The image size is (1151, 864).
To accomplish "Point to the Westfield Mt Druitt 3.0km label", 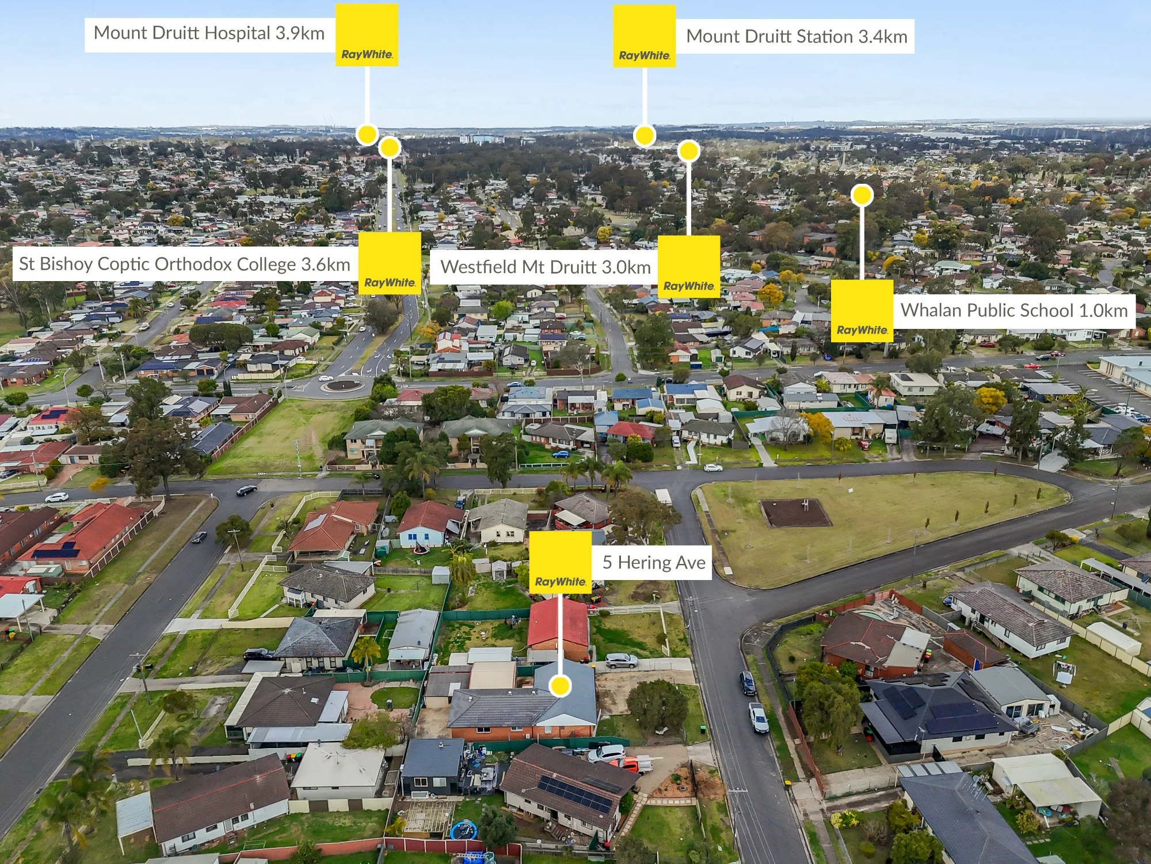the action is tap(544, 267).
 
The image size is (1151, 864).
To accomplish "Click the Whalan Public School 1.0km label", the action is tap(1014, 311).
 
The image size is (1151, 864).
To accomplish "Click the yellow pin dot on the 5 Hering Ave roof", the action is tap(559, 685).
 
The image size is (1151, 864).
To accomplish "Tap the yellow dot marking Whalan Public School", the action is tap(862, 195).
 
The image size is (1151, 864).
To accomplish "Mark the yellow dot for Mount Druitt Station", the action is tap(645, 136).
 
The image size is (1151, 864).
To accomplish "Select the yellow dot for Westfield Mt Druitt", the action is tap(689, 151).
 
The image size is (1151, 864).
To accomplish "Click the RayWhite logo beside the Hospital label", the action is tap(367, 35).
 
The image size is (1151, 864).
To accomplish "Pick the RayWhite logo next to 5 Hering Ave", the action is tap(560, 562).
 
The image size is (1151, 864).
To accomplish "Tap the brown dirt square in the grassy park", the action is tap(795, 513).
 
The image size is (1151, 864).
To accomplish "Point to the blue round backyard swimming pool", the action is tap(464, 830).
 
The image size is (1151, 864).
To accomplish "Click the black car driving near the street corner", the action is tap(247, 491).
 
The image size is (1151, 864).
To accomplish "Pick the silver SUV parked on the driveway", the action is tap(621, 661).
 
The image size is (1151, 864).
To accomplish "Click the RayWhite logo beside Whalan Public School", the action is tap(862, 311).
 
